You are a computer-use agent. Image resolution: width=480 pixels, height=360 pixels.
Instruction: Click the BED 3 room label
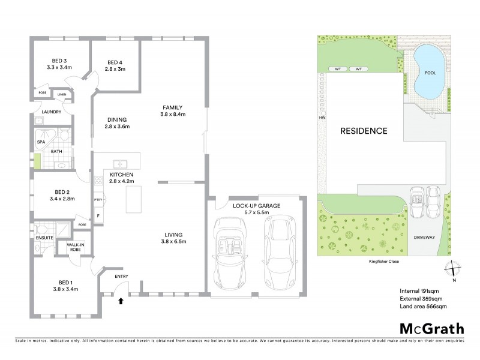click(x=59, y=61)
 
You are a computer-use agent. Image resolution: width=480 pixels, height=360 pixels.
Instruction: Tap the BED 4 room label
click(x=115, y=63)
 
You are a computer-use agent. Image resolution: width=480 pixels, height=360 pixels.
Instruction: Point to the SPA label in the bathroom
click(x=41, y=142)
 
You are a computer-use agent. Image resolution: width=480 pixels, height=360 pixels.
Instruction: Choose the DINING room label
click(x=117, y=119)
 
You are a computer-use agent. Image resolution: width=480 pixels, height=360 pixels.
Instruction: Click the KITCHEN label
click(x=121, y=175)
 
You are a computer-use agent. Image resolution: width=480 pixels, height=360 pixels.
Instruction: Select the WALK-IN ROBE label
click(x=75, y=247)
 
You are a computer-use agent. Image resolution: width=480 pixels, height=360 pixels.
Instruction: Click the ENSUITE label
click(x=44, y=238)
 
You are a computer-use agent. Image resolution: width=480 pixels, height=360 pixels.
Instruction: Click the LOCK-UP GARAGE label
click(x=256, y=206)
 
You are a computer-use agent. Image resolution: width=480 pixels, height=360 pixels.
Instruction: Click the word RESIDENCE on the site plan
click(x=364, y=131)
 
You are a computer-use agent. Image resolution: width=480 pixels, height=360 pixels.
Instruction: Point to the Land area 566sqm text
click(x=423, y=307)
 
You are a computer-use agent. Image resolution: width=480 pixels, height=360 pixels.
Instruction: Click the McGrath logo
click(x=431, y=328)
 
